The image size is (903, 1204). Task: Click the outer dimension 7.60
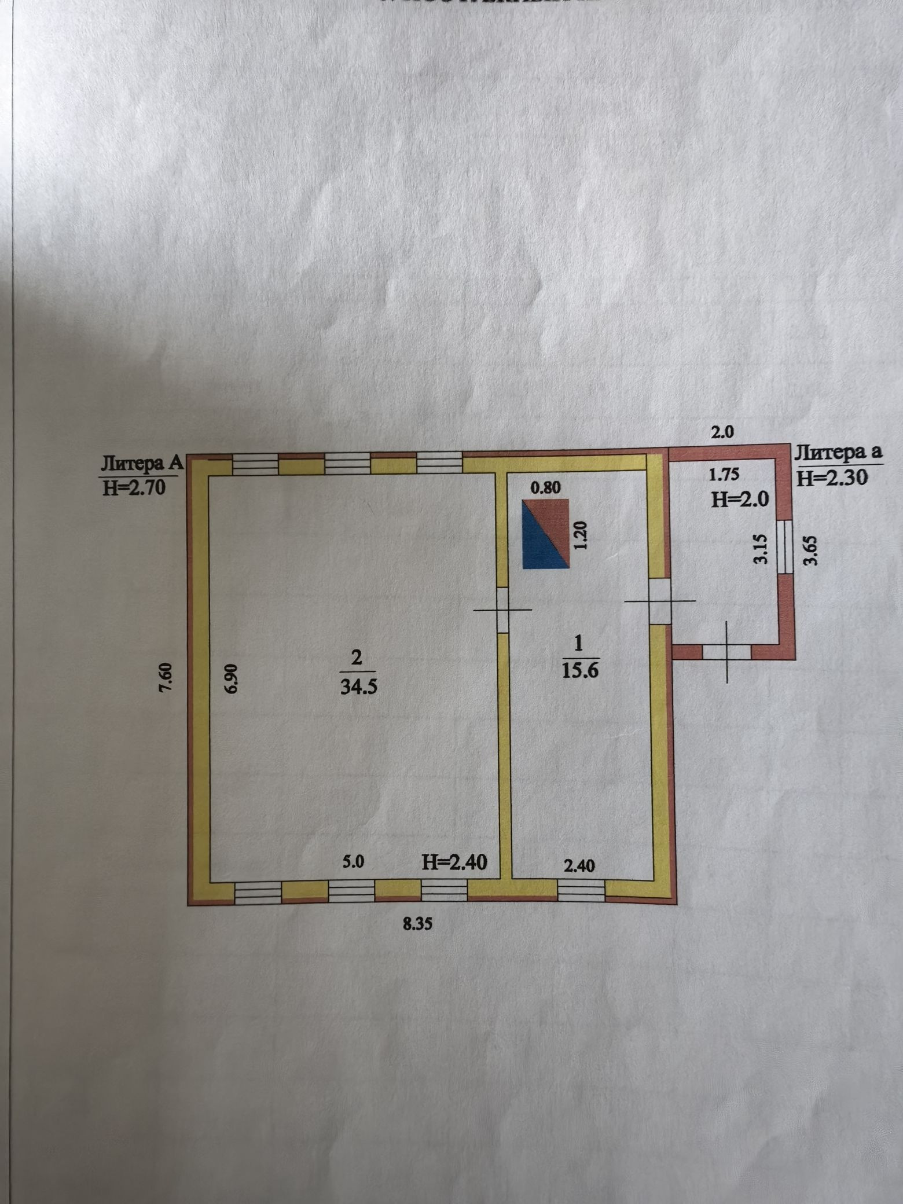[x=167, y=675]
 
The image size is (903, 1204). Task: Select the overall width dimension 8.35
[x=417, y=924]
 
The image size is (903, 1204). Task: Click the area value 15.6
[x=579, y=670]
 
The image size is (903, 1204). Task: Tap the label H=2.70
[x=134, y=487]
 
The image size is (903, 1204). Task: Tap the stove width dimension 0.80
[x=545, y=488]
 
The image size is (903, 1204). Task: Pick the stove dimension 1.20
[x=582, y=535]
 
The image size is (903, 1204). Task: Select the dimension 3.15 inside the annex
[x=761, y=549]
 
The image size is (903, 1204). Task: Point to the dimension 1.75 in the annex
[x=724, y=475]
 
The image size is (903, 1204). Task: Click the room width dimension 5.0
[x=353, y=861]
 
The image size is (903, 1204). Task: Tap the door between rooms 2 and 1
[x=502, y=610]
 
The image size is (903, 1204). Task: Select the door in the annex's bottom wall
[x=727, y=651]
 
